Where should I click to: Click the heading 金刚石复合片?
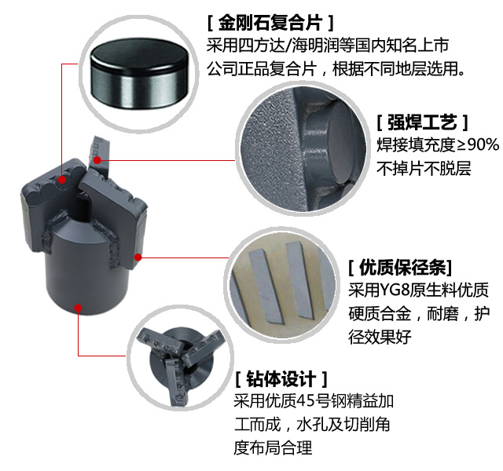[x=270, y=23]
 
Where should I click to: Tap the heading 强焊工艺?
[x=422, y=122]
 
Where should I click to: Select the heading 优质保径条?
[x=402, y=268]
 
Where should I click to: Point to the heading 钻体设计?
[x=281, y=379]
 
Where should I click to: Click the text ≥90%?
[x=478, y=144]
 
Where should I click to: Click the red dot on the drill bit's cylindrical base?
[x=78, y=308]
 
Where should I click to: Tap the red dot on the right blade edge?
[x=138, y=257]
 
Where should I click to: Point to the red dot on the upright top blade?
[x=97, y=160]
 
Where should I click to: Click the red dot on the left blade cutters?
[x=62, y=180]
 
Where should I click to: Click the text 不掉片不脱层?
[x=424, y=168]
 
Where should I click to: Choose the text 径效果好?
[x=380, y=336]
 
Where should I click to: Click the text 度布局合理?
[x=273, y=447]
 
